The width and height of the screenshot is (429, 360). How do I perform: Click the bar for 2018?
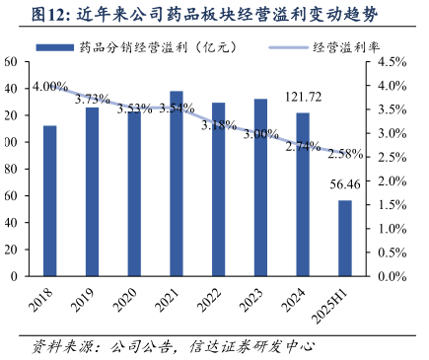point(49,201)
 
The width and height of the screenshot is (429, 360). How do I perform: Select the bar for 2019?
point(92,192)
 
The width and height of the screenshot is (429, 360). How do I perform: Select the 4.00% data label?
point(50,87)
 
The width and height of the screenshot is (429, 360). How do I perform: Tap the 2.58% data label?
point(344,154)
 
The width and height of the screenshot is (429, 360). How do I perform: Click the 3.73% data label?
point(92,99)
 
